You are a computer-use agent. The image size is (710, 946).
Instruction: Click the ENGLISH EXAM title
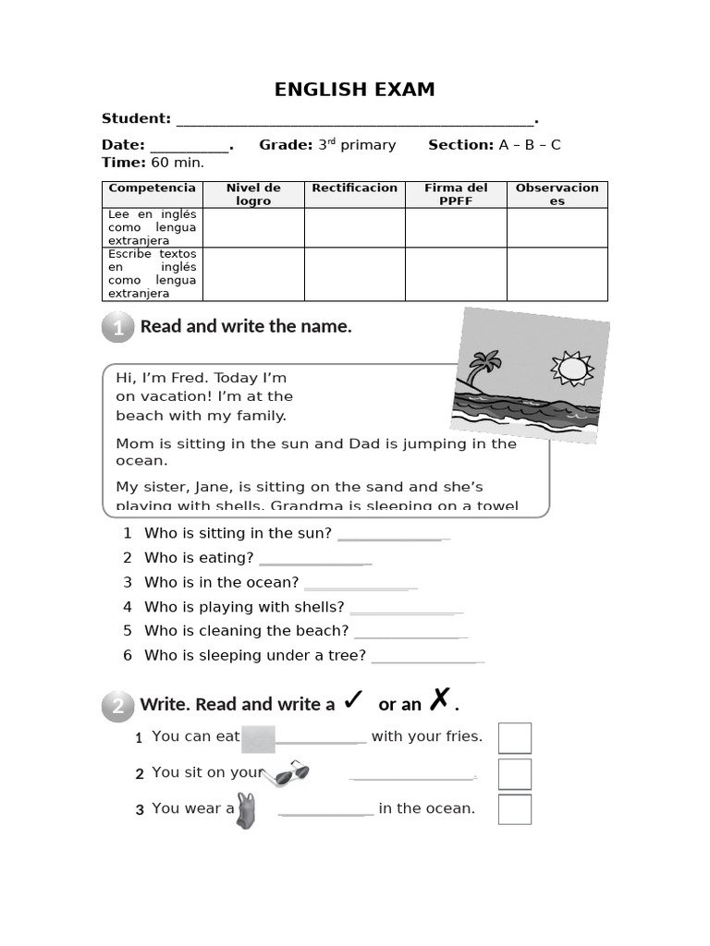click(x=354, y=90)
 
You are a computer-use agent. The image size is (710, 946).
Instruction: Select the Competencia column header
click(x=153, y=188)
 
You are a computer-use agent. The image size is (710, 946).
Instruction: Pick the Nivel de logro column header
click(x=253, y=194)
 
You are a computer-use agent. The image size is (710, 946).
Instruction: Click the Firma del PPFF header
click(x=456, y=194)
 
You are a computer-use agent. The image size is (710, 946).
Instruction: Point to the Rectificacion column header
click(x=355, y=188)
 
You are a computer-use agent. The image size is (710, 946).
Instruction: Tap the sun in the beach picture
click(x=572, y=368)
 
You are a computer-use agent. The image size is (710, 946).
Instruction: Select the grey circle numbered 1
click(x=118, y=327)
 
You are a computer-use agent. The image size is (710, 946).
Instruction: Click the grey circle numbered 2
click(x=118, y=707)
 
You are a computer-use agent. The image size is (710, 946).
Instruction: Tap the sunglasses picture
click(x=287, y=774)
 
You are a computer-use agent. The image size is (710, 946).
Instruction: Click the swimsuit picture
click(x=245, y=810)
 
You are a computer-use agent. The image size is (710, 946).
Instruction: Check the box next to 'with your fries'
click(x=515, y=738)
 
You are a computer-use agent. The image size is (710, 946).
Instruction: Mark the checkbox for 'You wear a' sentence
click(x=515, y=809)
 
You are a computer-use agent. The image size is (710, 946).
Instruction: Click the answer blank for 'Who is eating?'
click(x=315, y=560)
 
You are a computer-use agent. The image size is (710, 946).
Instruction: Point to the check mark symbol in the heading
click(x=352, y=700)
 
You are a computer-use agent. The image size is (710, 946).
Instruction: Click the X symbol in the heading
click(x=439, y=699)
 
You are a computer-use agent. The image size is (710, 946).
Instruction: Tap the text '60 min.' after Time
click(x=177, y=163)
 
